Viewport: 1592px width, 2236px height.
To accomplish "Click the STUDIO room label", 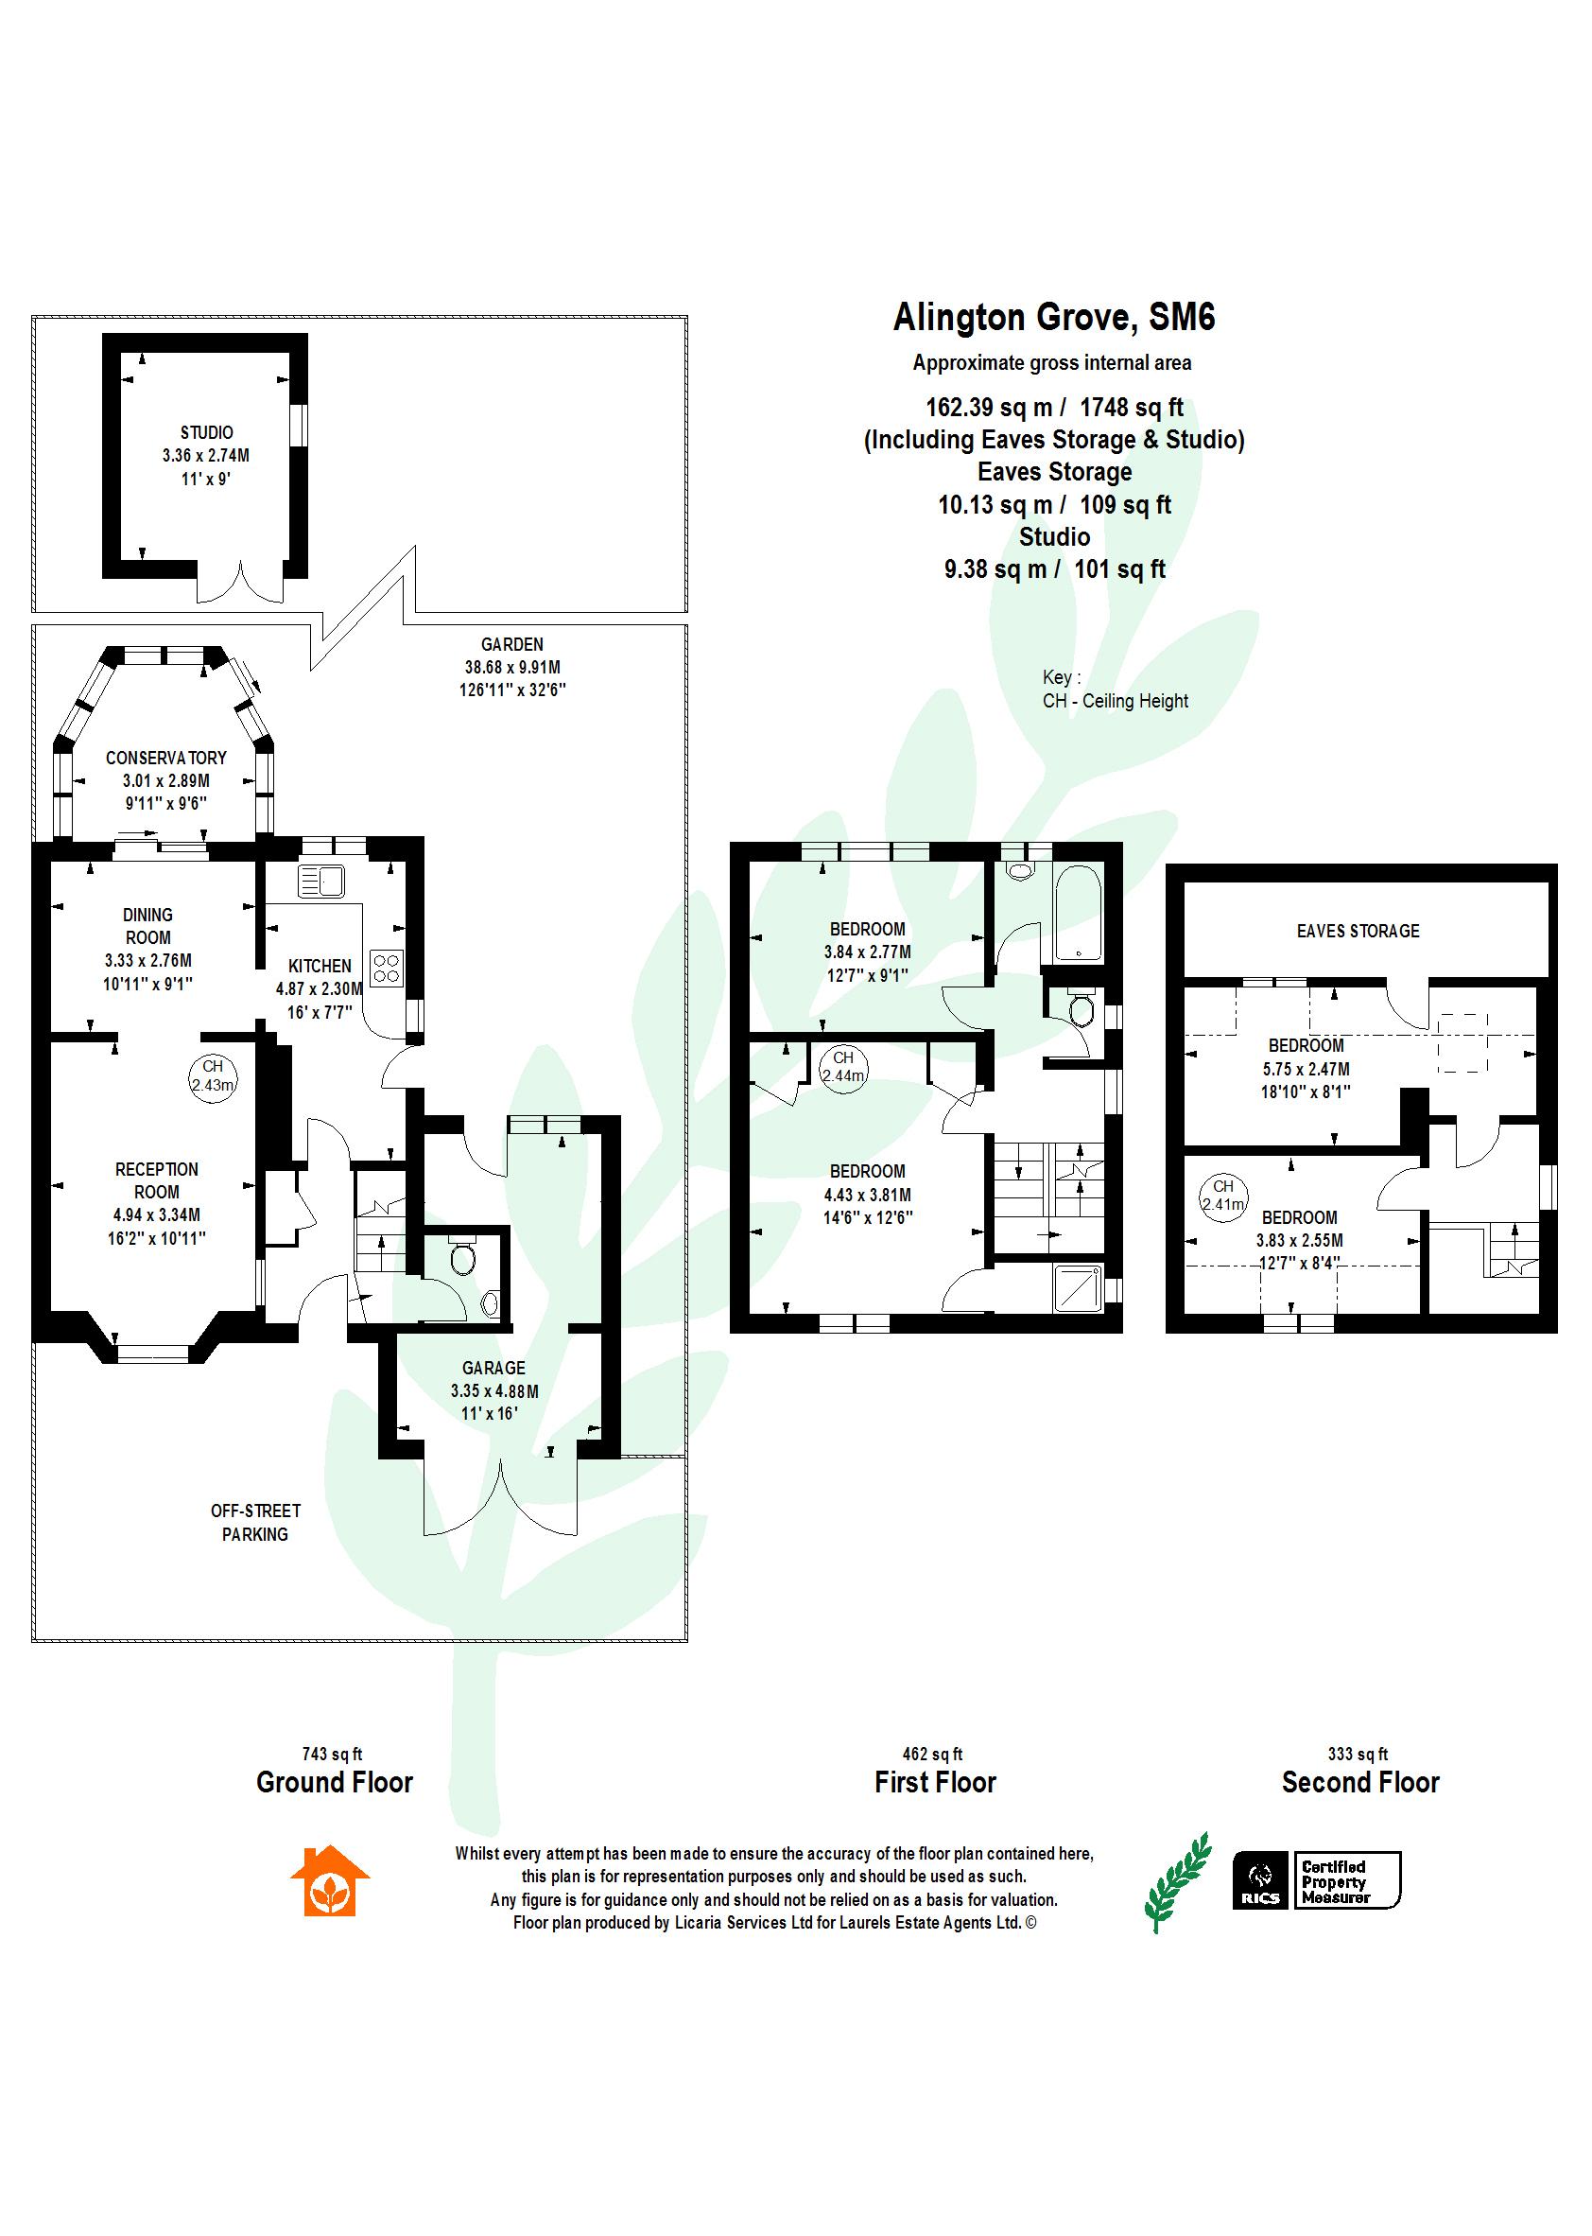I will click(x=206, y=432).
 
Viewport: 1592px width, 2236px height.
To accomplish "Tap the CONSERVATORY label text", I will click(x=165, y=758).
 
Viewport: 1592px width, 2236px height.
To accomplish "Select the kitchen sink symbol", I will click(x=320, y=881).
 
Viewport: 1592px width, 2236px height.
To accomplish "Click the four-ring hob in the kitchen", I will click(x=387, y=967).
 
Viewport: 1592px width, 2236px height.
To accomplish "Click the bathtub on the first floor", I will click(x=1078, y=913).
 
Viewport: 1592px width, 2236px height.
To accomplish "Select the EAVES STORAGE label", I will click(x=1357, y=931).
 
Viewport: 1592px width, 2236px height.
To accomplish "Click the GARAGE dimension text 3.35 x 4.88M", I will click(x=494, y=1390).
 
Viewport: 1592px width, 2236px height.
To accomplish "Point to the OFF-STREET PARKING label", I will click(x=255, y=1522).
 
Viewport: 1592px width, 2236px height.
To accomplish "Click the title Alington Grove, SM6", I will click(x=1053, y=318).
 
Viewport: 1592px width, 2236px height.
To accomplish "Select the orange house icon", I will click(x=329, y=1880).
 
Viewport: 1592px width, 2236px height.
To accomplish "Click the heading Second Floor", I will click(x=1359, y=1782).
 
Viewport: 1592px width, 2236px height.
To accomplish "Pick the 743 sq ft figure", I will click(x=333, y=1754).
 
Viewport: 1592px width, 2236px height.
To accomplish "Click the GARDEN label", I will click(x=511, y=644).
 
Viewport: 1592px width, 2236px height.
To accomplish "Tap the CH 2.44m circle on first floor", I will click(x=843, y=1066).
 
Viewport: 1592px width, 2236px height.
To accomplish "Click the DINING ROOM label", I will click(x=148, y=926).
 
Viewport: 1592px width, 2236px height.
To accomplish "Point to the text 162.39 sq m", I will click(x=988, y=407).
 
